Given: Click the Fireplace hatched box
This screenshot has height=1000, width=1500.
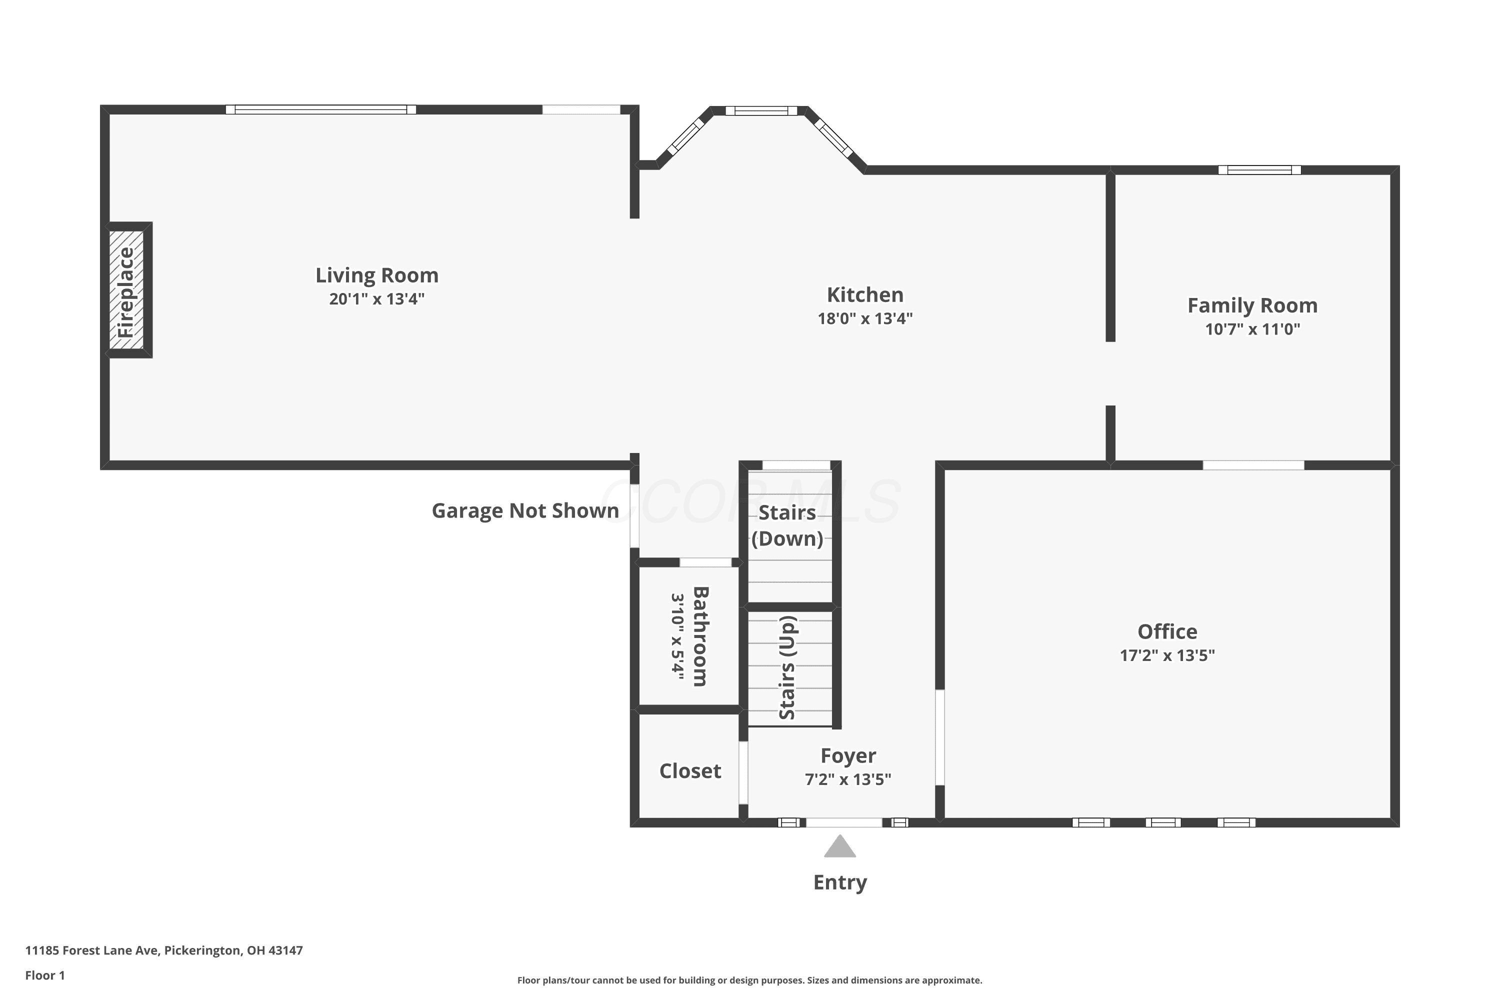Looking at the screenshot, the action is (126, 290).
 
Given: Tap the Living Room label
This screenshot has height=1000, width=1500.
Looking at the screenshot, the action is (377, 275).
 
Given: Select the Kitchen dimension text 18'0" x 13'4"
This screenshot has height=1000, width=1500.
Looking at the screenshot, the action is (865, 318).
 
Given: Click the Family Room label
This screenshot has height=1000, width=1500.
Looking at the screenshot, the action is (1252, 305).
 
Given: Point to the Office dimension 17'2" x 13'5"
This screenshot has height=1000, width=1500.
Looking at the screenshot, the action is (1167, 655).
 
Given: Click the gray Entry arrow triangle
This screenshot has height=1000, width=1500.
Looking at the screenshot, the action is (840, 846).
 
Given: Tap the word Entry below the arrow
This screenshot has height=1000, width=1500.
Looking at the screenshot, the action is (840, 882).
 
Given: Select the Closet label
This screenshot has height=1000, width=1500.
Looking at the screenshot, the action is (690, 771).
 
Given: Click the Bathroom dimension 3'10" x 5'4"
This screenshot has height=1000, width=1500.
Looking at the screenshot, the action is (677, 636).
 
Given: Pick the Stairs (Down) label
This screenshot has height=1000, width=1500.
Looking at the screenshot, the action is (787, 525).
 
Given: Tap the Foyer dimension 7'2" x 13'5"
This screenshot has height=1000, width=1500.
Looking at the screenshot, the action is (847, 779).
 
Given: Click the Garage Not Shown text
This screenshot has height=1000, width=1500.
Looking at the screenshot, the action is (525, 511).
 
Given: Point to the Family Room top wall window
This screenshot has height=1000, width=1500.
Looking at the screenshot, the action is (1259, 169).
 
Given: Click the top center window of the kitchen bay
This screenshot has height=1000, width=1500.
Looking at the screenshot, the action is (761, 110).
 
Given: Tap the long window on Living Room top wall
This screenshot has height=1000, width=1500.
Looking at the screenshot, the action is (321, 109).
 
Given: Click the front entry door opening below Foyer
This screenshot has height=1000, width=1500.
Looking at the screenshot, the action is (844, 822).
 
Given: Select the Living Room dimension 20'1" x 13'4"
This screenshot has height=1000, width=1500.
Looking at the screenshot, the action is (377, 299).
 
